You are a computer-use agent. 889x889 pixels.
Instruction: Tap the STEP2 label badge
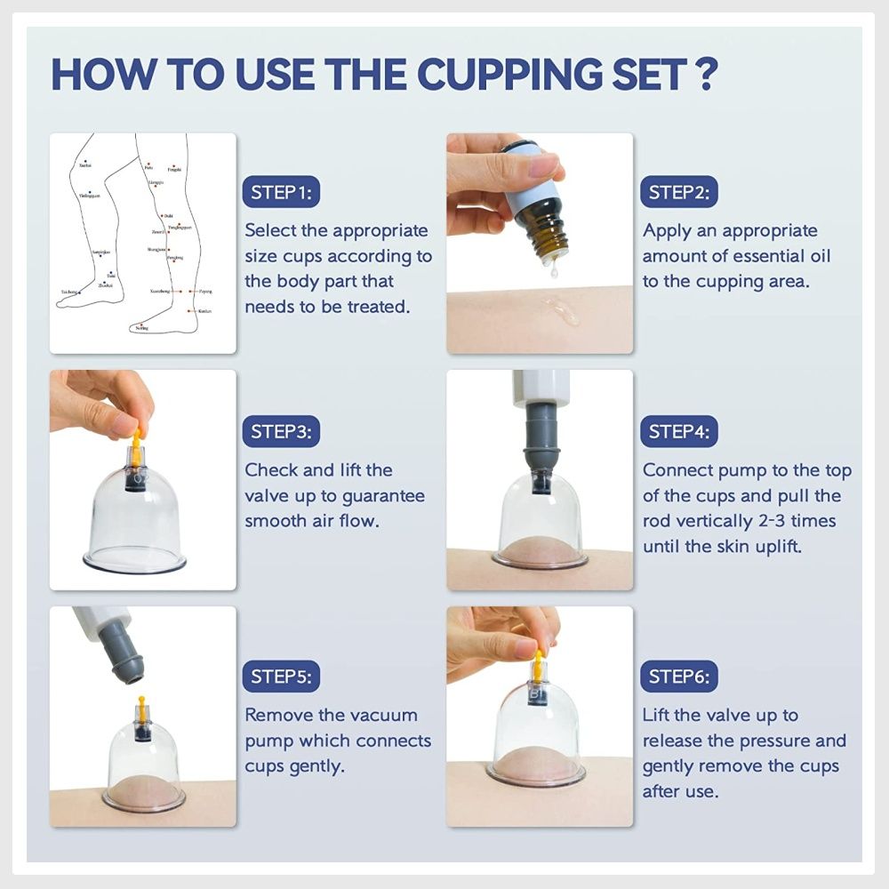[x=680, y=193]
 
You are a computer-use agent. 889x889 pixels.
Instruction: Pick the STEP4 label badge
[x=680, y=432]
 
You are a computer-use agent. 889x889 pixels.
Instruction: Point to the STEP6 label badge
[x=680, y=677]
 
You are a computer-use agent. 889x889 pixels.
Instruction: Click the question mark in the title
[x=704, y=75]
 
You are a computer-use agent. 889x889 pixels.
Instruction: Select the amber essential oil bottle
[x=543, y=226]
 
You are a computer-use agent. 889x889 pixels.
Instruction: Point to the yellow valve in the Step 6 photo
[x=537, y=665]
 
